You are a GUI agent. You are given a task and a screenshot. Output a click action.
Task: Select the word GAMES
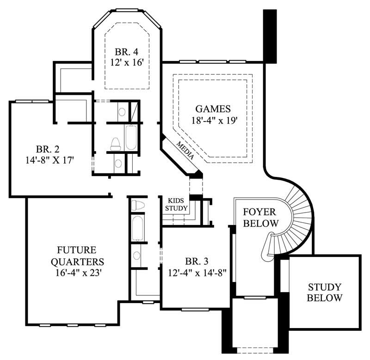coord(213,109)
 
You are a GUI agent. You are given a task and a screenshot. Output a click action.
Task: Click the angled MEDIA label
coord(185,151)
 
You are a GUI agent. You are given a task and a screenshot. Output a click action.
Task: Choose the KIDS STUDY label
coord(177,205)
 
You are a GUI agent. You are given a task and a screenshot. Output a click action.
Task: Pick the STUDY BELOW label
coord(325,292)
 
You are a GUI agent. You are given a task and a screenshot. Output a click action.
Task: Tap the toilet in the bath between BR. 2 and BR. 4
coord(116,144)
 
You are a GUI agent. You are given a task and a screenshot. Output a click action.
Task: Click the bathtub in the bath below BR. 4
coord(131,137)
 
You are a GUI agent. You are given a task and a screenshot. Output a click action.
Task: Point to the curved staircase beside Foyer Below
coord(296,217)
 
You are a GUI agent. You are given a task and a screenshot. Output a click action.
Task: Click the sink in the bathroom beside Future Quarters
coord(137,255)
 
